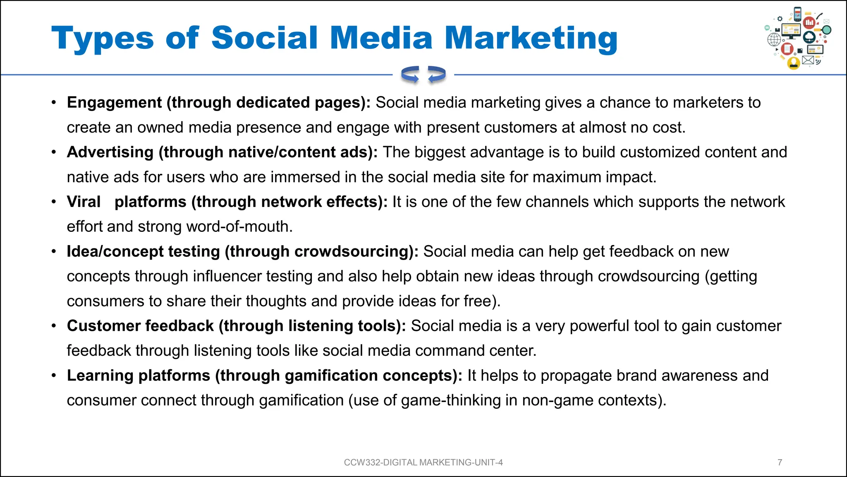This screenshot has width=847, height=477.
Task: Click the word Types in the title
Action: [x=102, y=39]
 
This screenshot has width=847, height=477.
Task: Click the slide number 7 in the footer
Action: [x=780, y=462]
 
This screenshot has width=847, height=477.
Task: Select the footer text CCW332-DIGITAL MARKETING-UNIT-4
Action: [x=423, y=462]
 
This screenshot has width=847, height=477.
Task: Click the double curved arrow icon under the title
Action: [x=423, y=75]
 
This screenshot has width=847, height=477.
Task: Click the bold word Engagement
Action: [x=114, y=102]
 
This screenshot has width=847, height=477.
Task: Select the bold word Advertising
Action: [x=110, y=152]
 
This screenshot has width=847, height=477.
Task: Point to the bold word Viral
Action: [x=84, y=202]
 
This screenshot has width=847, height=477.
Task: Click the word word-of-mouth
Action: [x=239, y=226]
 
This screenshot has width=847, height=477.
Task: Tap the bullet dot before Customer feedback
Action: [x=54, y=326]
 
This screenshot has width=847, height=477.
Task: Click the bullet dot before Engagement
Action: [x=54, y=102]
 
